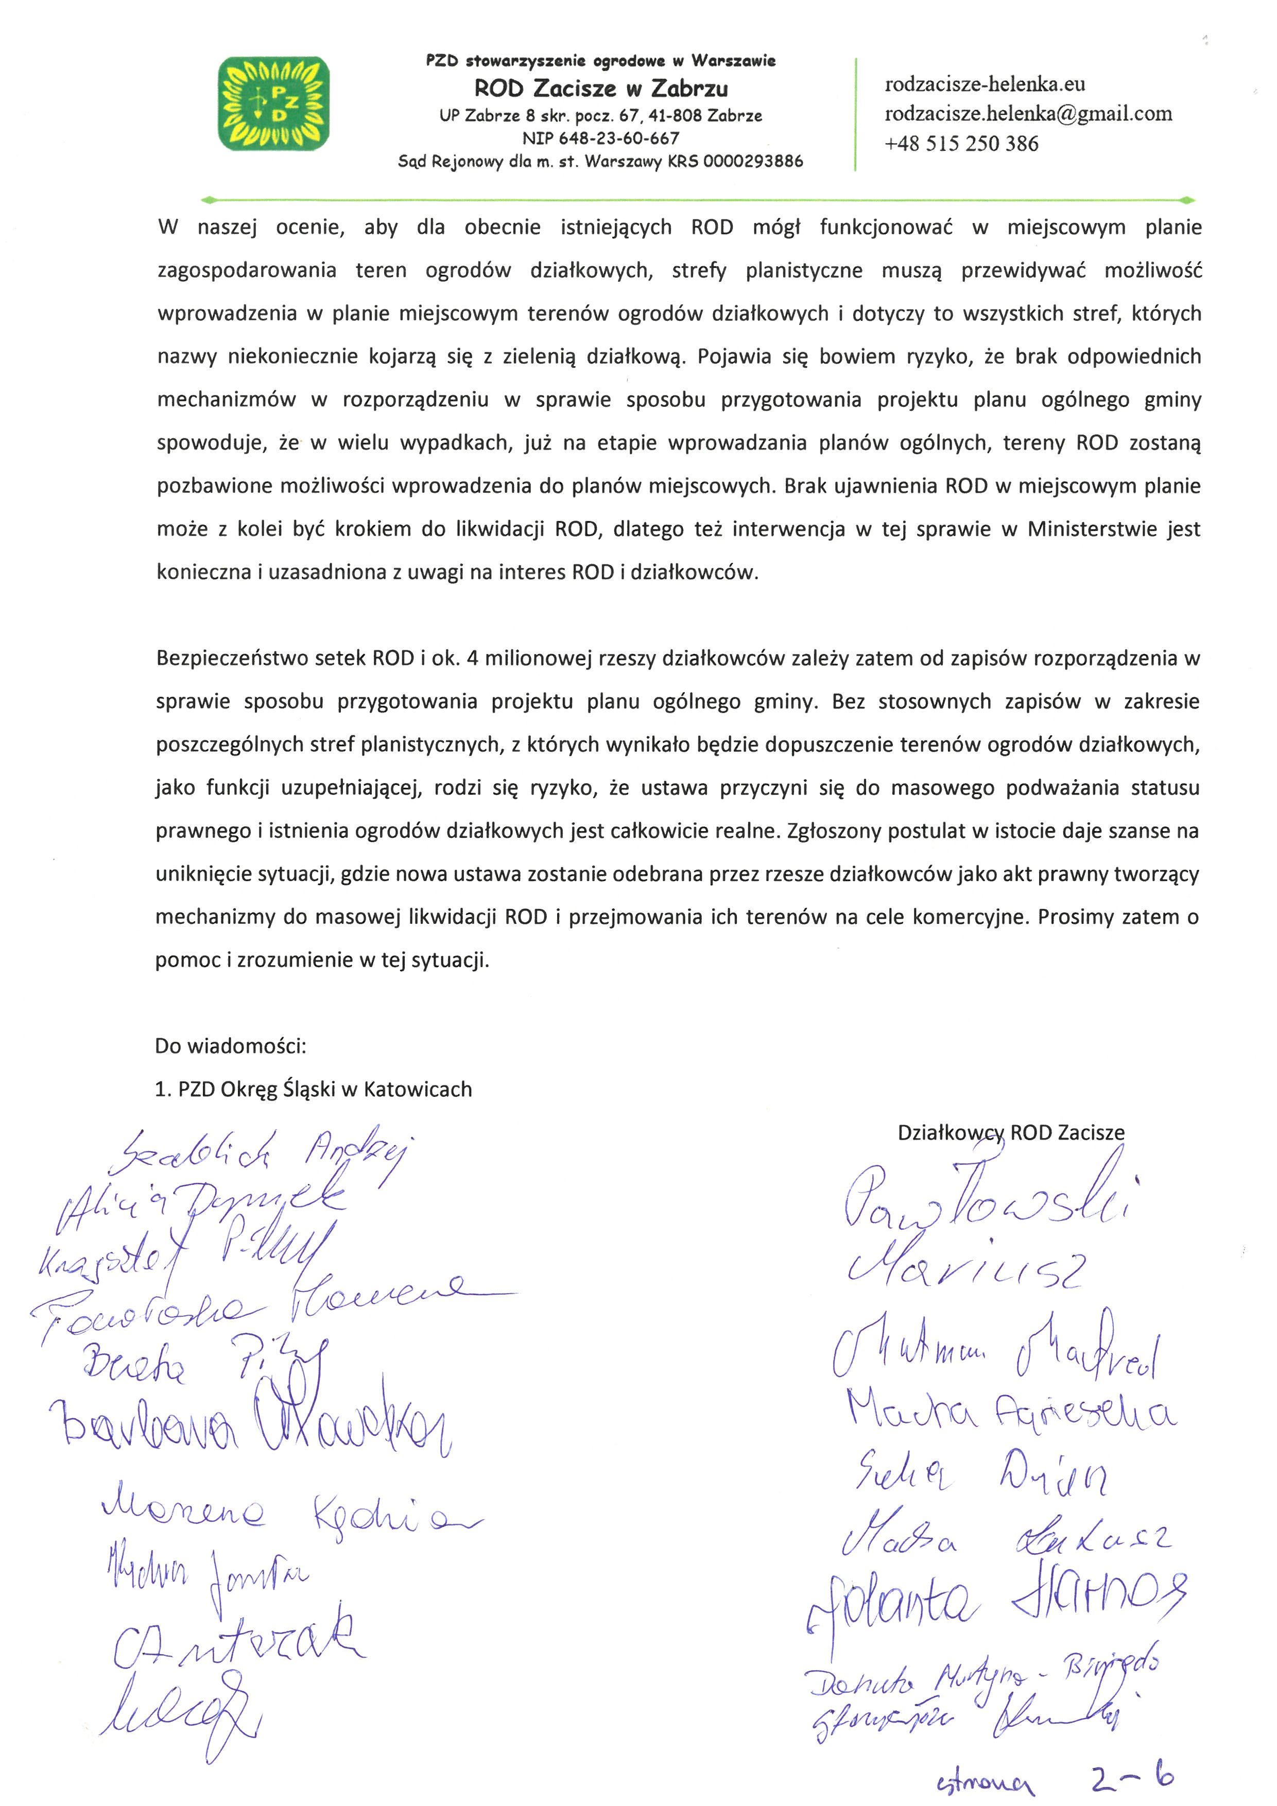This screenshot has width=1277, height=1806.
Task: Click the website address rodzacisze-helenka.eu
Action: pyautogui.click(x=985, y=84)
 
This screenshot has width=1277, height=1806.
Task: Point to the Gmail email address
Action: pyautogui.click(x=1028, y=114)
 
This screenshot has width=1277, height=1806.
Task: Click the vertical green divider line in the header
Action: pyautogui.click(x=855, y=114)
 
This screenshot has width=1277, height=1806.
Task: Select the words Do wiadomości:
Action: pyautogui.click(x=230, y=1046)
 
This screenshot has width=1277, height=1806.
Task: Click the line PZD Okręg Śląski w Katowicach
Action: pyautogui.click(x=324, y=1090)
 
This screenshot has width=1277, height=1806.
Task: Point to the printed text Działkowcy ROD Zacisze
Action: pyautogui.click(x=1010, y=1133)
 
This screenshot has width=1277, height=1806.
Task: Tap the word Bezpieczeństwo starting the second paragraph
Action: pyautogui.click(x=233, y=658)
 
